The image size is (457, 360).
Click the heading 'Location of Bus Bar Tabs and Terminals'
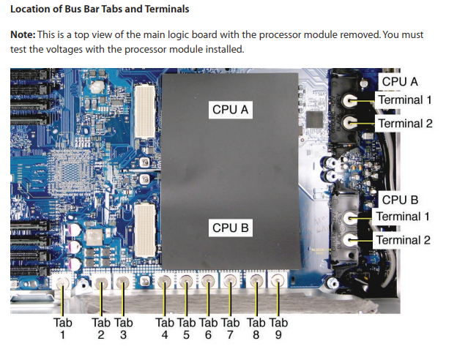99,10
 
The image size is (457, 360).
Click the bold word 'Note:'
25,35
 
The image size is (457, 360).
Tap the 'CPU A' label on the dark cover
231,110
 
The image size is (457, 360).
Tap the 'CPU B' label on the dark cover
231,228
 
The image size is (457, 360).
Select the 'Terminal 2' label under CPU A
404,123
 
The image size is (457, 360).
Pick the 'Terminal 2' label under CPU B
404,240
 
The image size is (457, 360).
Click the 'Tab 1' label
63,328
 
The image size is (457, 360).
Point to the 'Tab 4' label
165,328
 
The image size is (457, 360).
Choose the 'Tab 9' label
278,328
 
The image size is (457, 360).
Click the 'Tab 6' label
209,328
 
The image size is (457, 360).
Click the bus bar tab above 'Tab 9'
278,280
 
